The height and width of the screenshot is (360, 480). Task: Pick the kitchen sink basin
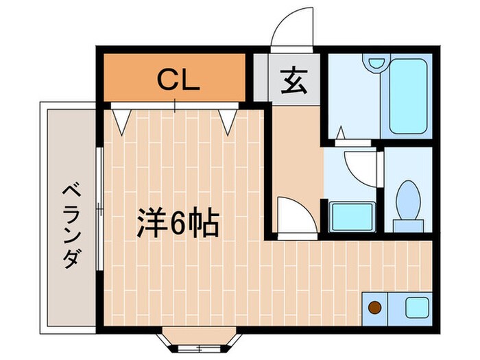coord(416,307)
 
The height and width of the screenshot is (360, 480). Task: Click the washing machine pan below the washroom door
coord(352,217)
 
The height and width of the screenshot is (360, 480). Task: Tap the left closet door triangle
coord(122,121)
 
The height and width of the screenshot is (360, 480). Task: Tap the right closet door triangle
coord(228,121)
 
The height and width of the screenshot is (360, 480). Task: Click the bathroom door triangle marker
coord(341,134)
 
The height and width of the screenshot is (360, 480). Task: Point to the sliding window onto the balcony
coord(100,206)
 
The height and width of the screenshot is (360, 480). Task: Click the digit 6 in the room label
coord(178,223)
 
